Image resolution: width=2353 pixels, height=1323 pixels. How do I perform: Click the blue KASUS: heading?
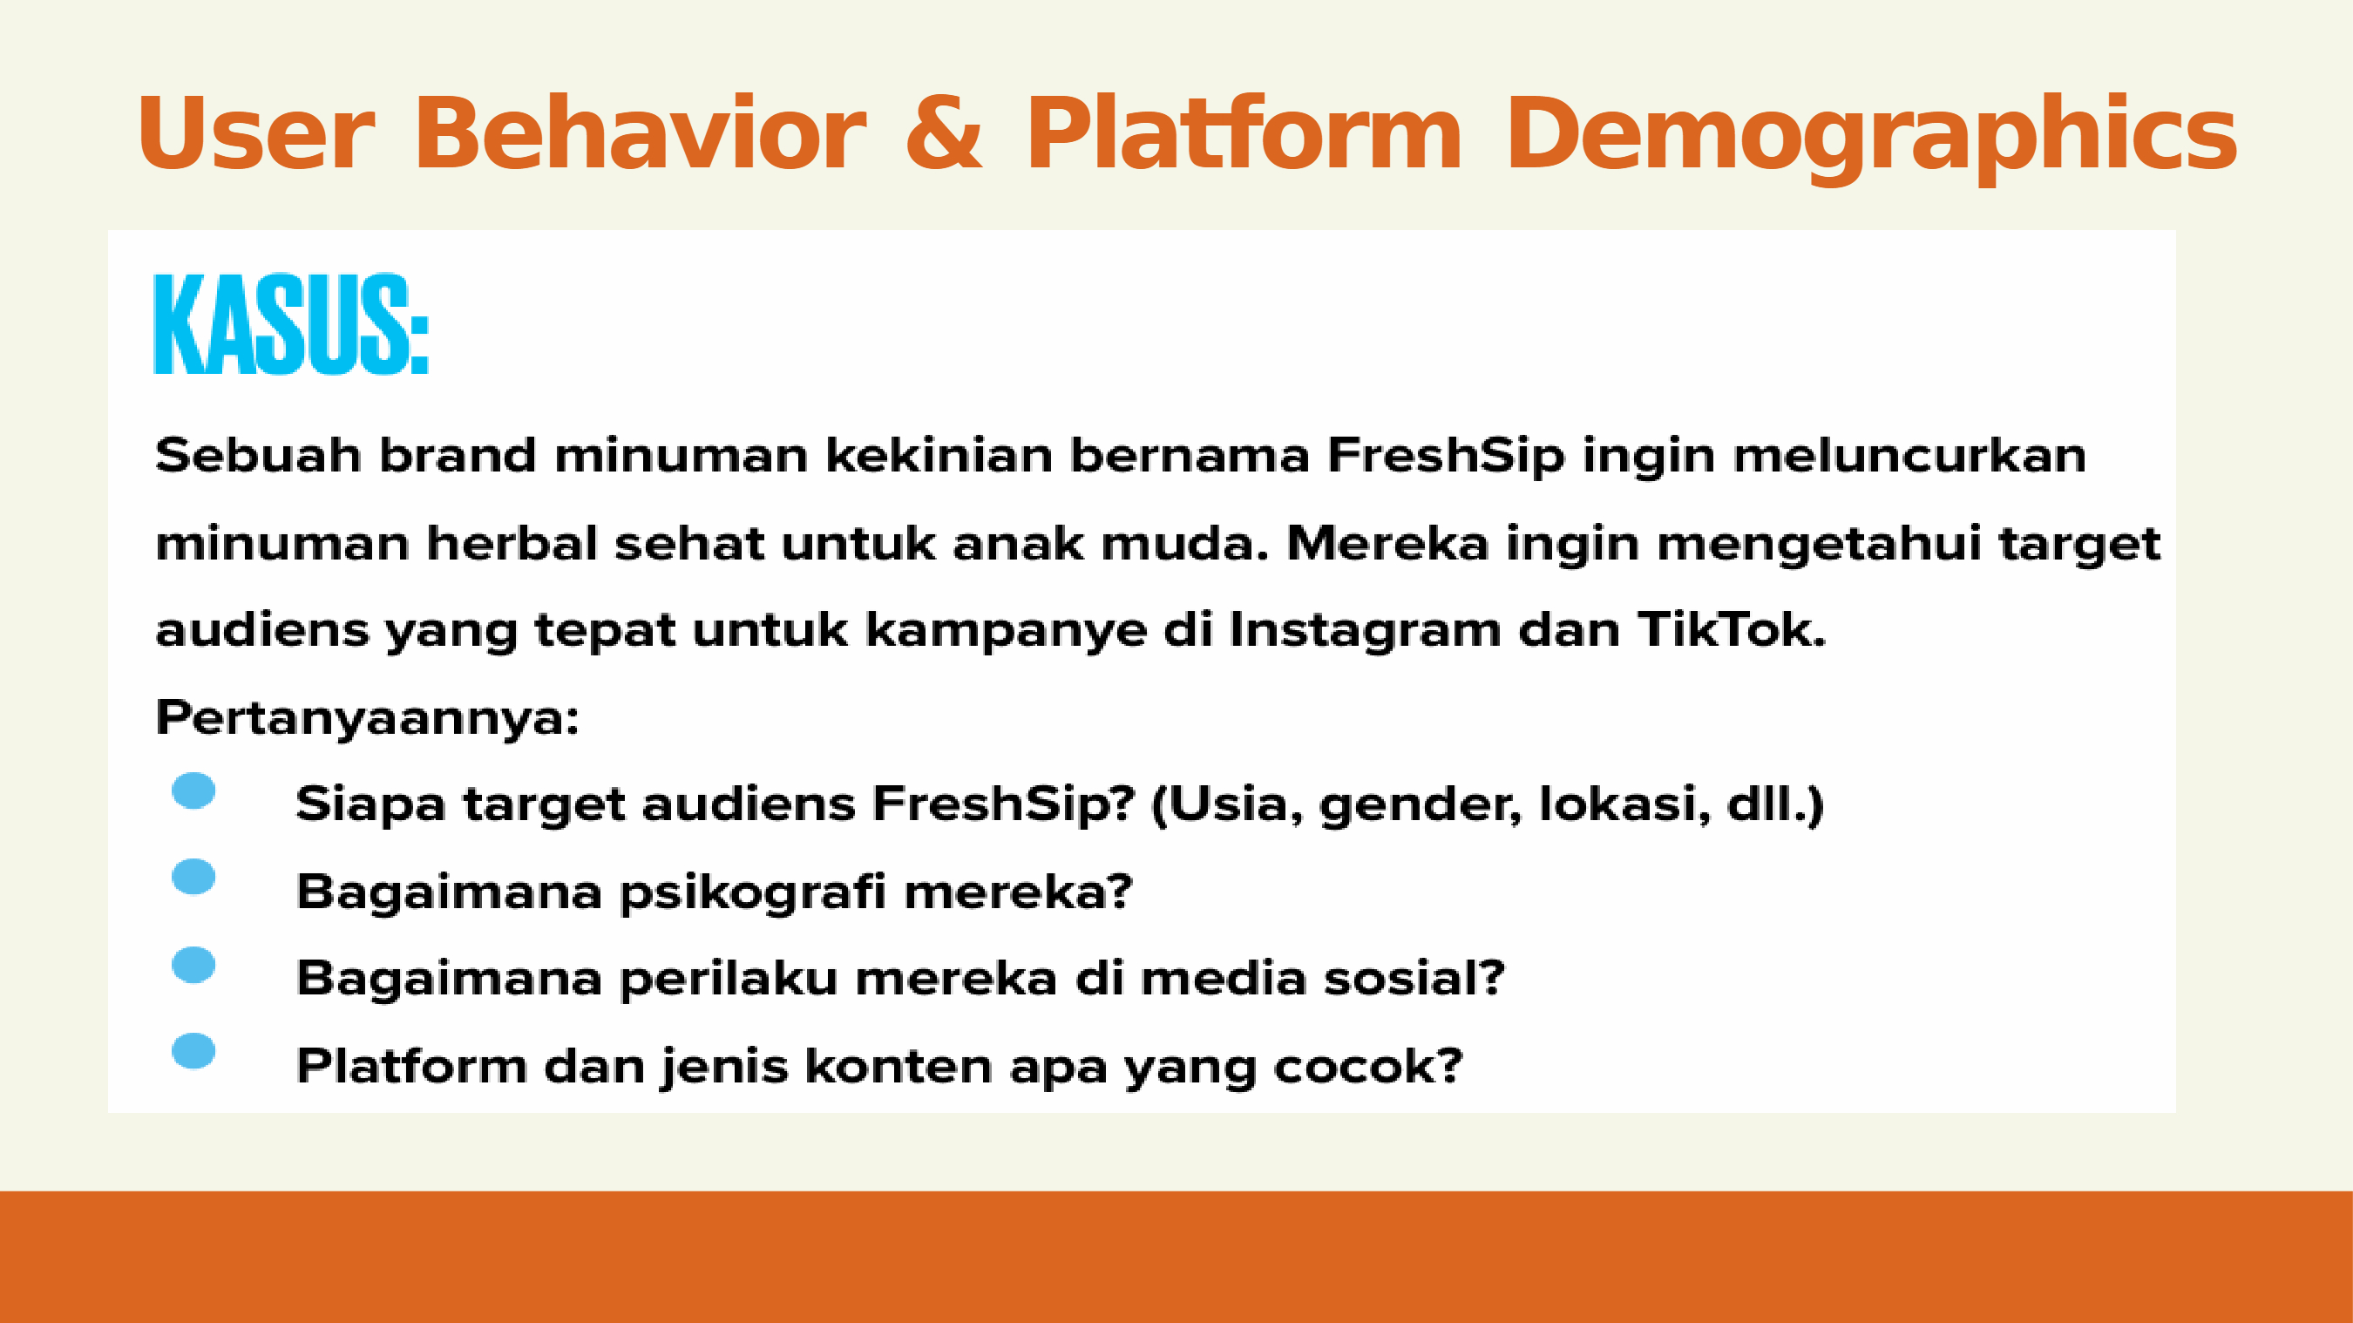tap(291, 323)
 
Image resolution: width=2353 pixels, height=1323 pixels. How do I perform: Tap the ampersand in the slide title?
tap(945, 133)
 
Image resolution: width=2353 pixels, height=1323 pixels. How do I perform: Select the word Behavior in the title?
tap(641, 133)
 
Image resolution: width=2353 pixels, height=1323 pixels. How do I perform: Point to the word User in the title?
tap(255, 133)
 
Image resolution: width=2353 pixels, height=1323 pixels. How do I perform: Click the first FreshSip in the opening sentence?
tap(1445, 456)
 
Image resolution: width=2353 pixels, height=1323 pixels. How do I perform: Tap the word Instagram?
tap(1366, 631)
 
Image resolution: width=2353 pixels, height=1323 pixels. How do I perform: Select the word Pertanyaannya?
tap(367, 718)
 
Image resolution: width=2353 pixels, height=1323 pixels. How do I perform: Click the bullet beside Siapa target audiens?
tap(193, 790)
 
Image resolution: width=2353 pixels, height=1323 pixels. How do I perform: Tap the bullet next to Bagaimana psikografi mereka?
tap(193, 877)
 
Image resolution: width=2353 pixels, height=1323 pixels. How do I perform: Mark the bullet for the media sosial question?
tap(193, 965)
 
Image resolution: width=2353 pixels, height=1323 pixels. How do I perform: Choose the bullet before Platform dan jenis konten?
tap(193, 1051)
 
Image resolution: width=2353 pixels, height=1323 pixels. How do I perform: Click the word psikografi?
tap(753, 892)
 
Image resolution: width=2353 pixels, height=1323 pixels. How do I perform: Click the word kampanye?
tap(1006, 631)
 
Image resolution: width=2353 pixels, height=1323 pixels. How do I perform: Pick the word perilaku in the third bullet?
tap(728, 979)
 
